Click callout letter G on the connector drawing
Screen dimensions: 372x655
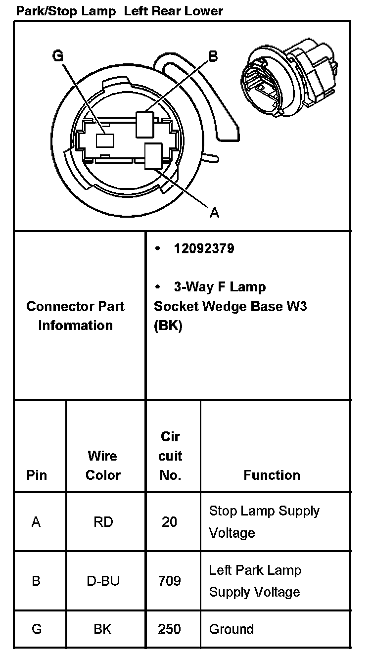point(58,56)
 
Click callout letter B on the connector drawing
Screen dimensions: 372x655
point(213,56)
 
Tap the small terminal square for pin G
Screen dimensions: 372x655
point(105,140)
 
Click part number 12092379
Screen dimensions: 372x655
point(203,248)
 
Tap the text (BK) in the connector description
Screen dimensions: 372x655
point(168,327)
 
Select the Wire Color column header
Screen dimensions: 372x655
point(103,465)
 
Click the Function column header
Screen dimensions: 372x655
point(272,475)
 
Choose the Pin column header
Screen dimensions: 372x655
point(37,475)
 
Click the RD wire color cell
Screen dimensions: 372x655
point(103,522)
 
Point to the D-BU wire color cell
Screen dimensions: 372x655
point(103,581)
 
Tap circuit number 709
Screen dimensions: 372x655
point(169,581)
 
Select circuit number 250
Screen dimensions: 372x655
point(169,629)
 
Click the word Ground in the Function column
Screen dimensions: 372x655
point(231,629)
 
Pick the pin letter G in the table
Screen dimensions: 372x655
point(36,629)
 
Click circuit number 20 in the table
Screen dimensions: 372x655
point(169,522)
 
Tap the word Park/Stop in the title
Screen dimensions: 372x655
point(44,11)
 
